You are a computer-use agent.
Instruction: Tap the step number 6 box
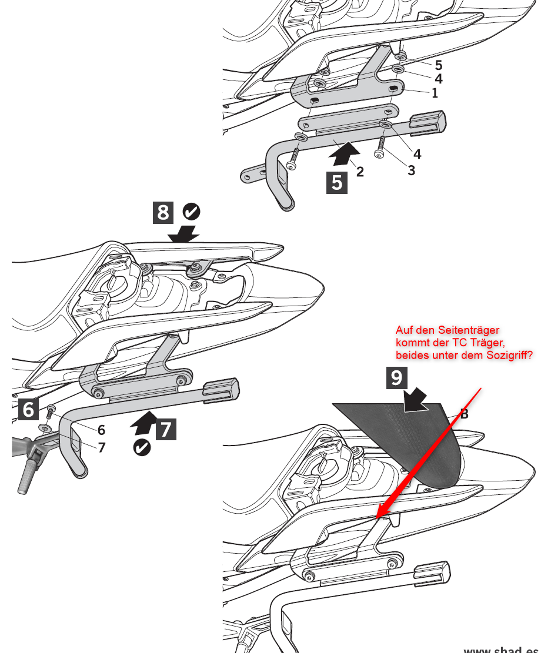click(x=28, y=408)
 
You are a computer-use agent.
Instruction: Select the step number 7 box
click(x=165, y=428)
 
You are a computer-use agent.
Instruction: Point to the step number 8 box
click(x=163, y=212)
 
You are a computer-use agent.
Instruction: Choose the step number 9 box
click(x=396, y=377)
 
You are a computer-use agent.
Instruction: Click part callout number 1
click(x=435, y=93)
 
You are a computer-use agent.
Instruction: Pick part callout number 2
click(x=360, y=172)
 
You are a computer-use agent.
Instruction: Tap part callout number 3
click(x=411, y=170)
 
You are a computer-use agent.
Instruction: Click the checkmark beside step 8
click(x=191, y=211)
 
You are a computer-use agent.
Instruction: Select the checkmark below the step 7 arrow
click(x=142, y=447)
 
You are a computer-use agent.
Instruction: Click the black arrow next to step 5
click(x=343, y=153)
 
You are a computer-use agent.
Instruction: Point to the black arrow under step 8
click(x=183, y=235)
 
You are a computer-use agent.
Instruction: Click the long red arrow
click(x=429, y=453)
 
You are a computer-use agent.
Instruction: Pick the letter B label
click(x=464, y=414)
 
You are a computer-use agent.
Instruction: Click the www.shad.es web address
click(x=500, y=649)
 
